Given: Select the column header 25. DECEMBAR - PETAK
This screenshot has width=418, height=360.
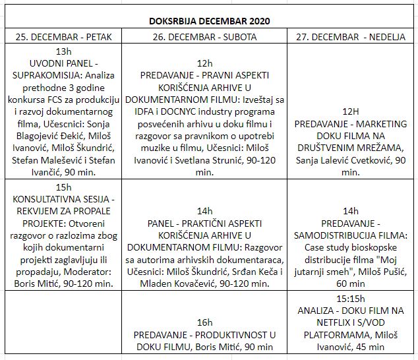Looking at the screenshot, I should click(64, 36).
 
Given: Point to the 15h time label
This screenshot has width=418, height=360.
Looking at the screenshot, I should click(64, 187).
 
